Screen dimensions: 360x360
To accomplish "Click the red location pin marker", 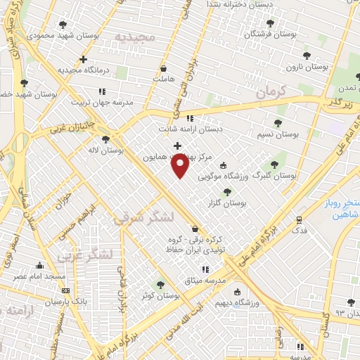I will click(x=180, y=166).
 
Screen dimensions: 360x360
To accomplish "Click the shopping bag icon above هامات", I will click(x=164, y=69).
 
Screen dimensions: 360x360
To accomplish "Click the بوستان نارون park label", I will click(x=307, y=67).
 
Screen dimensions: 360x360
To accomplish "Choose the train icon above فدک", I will click(x=299, y=219).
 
